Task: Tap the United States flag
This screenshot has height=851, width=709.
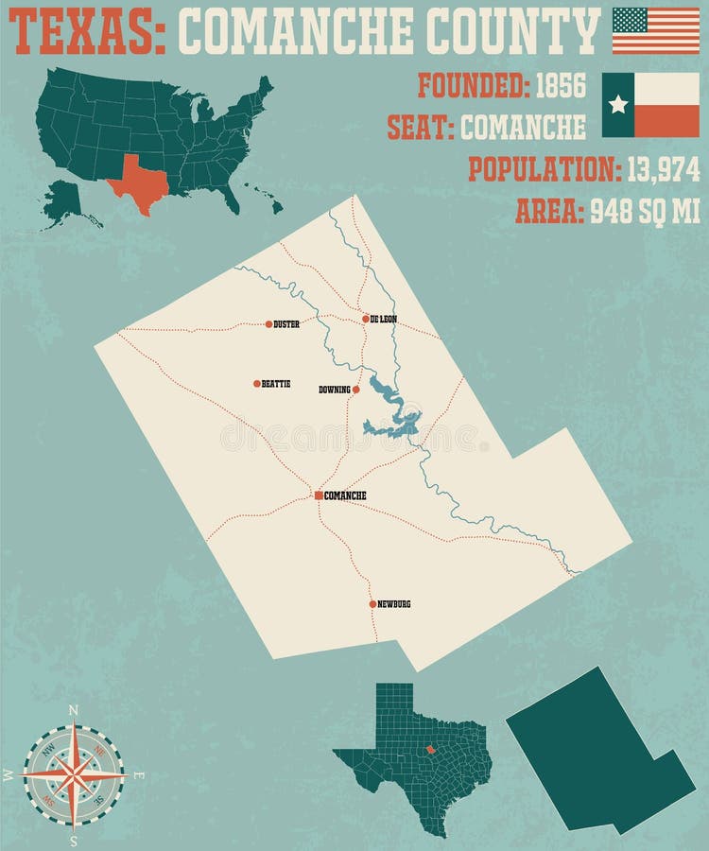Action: point(655,30)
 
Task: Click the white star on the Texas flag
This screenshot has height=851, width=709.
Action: point(618,104)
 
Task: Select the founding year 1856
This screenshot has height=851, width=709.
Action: point(561,86)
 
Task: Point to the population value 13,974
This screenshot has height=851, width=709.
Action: point(661,169)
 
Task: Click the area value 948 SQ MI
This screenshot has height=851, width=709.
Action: point(645,212)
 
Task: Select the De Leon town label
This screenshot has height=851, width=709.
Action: point(383,320)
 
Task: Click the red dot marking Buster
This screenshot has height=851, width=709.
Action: point(268,323)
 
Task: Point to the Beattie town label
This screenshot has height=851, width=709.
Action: point(276,384)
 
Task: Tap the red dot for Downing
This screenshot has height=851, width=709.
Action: point(356,389)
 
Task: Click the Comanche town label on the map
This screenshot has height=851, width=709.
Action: point(344,495)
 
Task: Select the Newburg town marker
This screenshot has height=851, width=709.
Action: point(372,603)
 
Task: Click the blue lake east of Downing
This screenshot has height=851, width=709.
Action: point(395,416)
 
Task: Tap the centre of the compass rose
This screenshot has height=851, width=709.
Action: point(74,774)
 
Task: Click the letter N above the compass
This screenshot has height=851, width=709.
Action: point(74,711)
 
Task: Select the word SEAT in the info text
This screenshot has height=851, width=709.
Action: point(419,126)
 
